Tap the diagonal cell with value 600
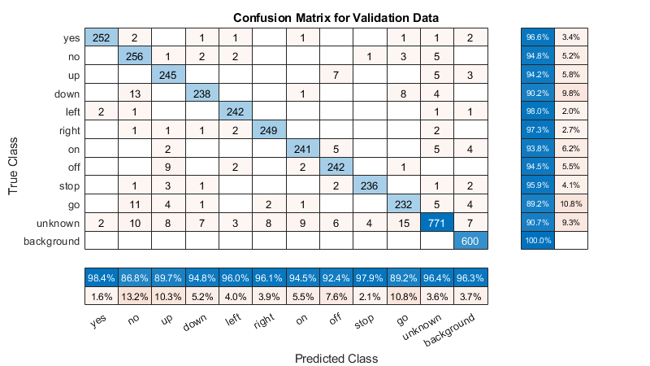(x=470, y=241)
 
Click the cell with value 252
(x=101, y=37)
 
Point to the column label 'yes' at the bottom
(x=99, y=320)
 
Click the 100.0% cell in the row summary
(x=536, y=241)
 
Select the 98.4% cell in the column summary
(x=101, y=278)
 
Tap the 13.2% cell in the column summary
(x=135, y=297)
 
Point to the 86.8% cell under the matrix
(x=135, y=278)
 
